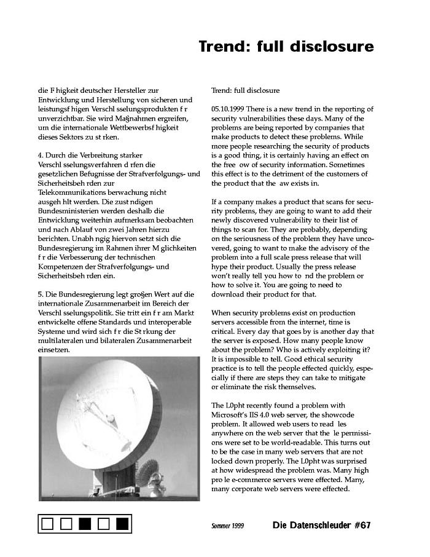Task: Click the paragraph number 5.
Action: [40, 294]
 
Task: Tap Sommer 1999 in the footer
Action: [227, 526]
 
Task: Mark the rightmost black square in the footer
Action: [122, 524]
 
